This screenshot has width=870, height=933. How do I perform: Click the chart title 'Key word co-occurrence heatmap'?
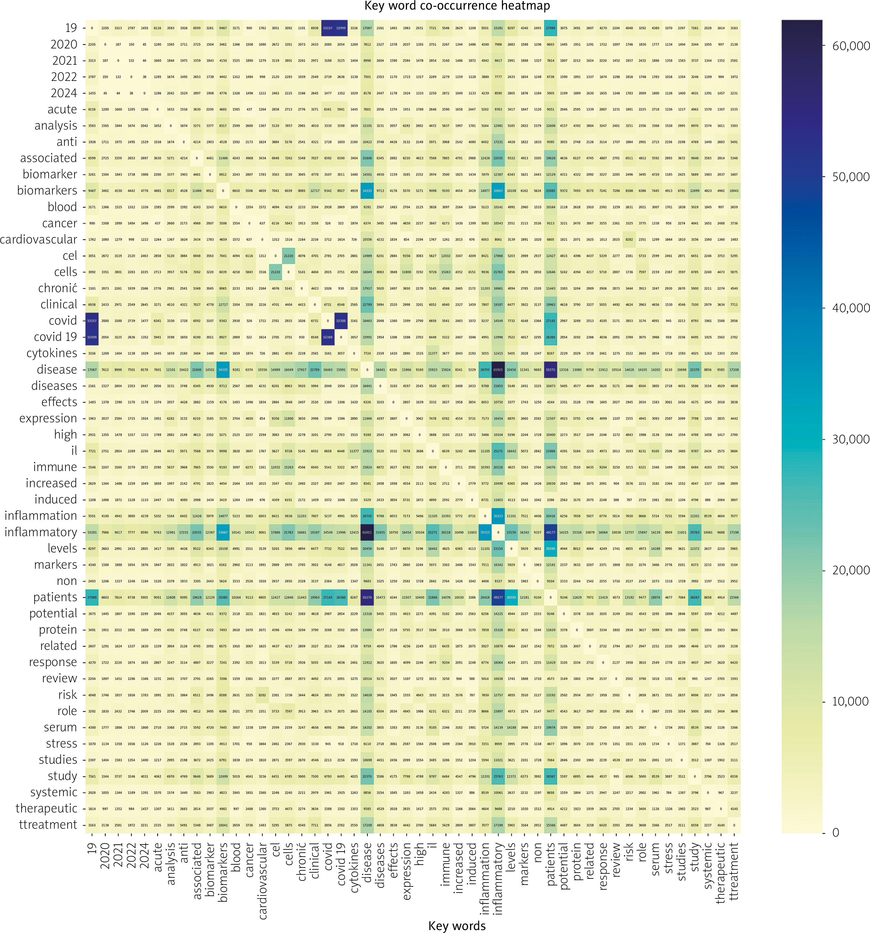click(457, 6)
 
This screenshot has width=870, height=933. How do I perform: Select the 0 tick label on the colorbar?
click(835, 833)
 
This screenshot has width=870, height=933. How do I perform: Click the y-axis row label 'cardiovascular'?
click(39, 239)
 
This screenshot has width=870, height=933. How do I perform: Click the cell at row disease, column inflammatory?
click(498, 369)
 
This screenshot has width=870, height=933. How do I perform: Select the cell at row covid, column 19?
click(92, 321)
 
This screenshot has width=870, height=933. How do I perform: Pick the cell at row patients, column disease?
click(367, 597)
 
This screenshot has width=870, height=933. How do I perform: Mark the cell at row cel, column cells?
click(288, 256)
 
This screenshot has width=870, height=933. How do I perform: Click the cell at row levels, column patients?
click(550, 548)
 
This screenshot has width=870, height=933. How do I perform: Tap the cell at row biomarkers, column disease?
click(367, 191)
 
